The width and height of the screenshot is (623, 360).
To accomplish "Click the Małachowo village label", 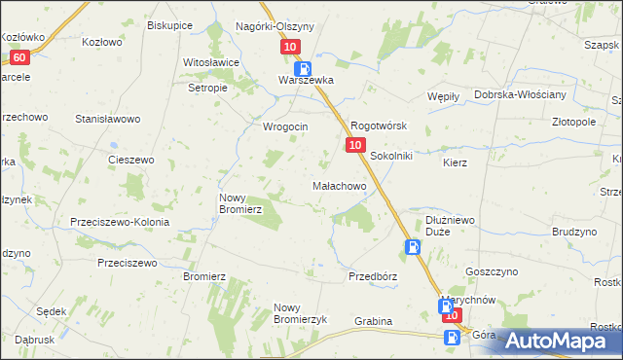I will (338, 185).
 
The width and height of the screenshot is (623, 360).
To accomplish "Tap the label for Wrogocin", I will (285, 127).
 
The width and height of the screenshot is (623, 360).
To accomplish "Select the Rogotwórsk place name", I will (378, 126).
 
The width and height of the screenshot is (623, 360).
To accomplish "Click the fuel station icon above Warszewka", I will (304, 68).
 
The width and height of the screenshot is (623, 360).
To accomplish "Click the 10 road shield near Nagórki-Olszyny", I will (290, 47).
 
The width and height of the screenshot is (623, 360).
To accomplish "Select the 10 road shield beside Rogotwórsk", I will (354, 145).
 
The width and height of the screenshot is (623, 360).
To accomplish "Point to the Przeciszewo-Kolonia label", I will (120, 222).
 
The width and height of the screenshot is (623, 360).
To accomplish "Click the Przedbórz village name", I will (373, 276).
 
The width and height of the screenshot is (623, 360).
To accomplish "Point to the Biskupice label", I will (169, 26).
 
